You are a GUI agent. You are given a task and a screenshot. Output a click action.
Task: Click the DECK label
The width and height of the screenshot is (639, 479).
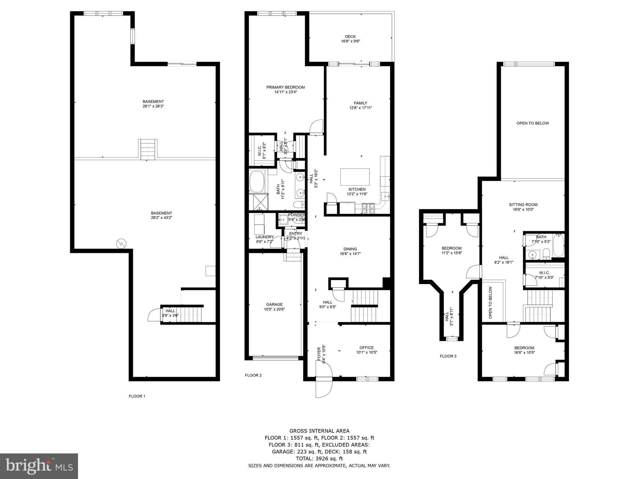[x=350, y=39]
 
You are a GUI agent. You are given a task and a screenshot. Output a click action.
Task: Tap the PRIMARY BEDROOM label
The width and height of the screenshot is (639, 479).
[x=285, y=90]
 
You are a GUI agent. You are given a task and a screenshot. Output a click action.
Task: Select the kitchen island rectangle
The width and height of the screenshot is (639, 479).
[x=355, y=177]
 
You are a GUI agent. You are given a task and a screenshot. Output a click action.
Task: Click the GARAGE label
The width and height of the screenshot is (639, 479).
[x=274, y=307]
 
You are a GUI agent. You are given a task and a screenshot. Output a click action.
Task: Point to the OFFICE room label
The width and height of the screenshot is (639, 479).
[x=366, y=350]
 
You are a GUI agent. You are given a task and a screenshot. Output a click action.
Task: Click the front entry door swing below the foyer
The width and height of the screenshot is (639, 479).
[x=324, y=386]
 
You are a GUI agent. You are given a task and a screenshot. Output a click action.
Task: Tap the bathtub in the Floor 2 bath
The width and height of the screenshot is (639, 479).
[x=257, y=182]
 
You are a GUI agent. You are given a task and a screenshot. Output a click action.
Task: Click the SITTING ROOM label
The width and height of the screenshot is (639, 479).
[x=523, y=207]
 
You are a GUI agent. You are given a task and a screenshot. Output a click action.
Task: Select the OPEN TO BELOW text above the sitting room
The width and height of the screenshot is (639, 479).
[x=532, y=123]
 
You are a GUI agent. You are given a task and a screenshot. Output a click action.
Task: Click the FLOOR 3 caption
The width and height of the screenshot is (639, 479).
[x=448, y=356]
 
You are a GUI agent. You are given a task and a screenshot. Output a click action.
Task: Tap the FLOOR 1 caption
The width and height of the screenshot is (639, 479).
[x=137, y=396]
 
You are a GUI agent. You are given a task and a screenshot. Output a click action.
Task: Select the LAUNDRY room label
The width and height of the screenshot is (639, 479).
[x=265, y=239]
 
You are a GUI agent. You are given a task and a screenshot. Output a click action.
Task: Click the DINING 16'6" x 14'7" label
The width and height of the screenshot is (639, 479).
[x=350, y=251]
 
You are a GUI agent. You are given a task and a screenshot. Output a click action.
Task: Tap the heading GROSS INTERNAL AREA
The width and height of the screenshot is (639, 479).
[x=319, y=431]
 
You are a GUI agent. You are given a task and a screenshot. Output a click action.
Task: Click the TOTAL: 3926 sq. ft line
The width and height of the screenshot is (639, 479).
[x=319, y=458]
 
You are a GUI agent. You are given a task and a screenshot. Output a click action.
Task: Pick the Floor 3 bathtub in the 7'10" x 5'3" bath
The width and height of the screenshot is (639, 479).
[x=559, y=245]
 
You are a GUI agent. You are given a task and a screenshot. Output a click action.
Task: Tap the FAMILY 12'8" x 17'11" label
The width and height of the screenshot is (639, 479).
[x=360, y=105]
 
